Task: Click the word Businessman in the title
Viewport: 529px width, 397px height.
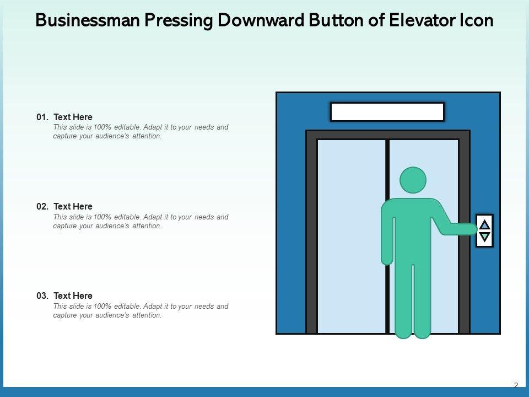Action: click(x=88, y=20)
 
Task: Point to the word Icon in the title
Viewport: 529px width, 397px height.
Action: click(x=476, y=20)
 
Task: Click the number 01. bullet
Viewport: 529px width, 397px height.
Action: click(x=42, y=117)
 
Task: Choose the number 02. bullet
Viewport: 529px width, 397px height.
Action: click(x=42, y=206)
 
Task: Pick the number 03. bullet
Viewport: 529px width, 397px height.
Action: click(x=42, y=296)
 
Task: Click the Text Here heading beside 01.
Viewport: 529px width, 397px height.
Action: click(x=73, y=117)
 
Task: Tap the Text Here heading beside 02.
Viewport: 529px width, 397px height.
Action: click(x=73, y=206)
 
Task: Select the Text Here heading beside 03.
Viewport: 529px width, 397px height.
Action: click(x=73, y=296)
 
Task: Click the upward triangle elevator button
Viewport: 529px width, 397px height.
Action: click(x=485, y=224)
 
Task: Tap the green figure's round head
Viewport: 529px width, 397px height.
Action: click(x=413, y=180)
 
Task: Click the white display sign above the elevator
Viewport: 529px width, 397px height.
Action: click(x=387, y=112)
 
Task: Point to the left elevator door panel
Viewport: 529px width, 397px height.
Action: click(x=352, y=237)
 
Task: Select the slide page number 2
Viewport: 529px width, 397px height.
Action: click(x=516, y=385)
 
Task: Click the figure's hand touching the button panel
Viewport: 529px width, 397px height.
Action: click(x=471, y=229)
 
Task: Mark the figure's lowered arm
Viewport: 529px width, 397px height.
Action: click(x=387, y=237)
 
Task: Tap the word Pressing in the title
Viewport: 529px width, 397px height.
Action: click(x=179, y=21)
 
